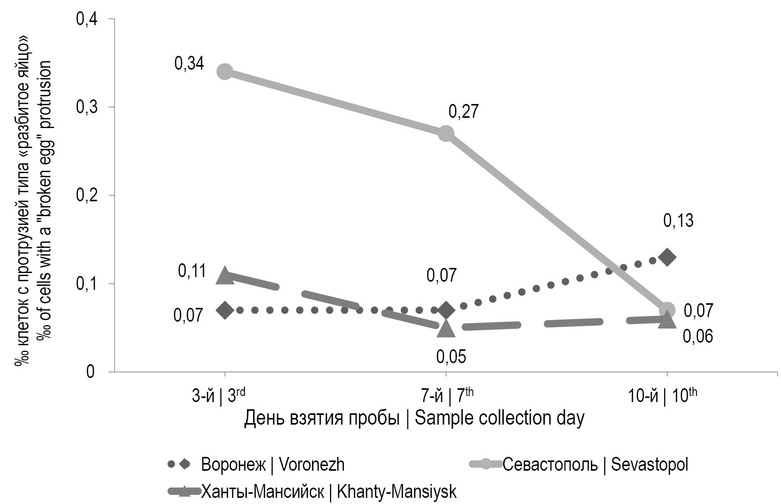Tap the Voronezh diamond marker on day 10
[x=667, y=257]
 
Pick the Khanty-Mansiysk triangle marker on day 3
[x=224, y=276]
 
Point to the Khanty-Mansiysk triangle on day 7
[x=446, y=328]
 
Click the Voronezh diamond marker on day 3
[x=224, y=310]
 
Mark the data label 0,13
[x=678, y=221]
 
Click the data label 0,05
[x=451, y=356]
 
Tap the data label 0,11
[x=192, y=271]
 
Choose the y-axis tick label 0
[x=91, y=371]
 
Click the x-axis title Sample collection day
[x=414, y=418]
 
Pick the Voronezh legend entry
[x=256, y=465]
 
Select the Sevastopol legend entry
[x=579, y=465]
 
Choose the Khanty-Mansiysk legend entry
[x=313, y=492]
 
